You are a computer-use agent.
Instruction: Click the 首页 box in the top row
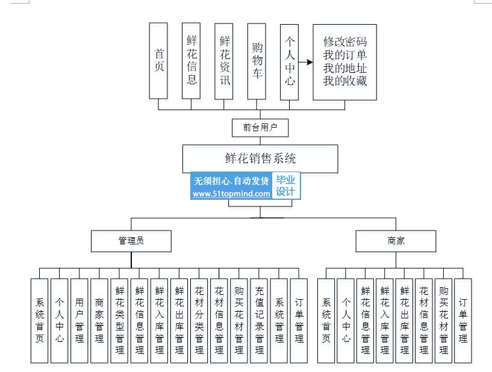coord(159,61)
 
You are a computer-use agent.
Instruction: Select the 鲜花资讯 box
coord(224,61)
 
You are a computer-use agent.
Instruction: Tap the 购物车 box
coord(257,61)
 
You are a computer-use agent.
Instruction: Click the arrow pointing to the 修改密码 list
coord(307,62)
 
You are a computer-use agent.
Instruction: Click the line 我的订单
coord(344,56)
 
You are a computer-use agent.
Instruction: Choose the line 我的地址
coord(344,68)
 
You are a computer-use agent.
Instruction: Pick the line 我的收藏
coord(344,81)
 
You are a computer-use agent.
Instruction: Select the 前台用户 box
coord(261,128)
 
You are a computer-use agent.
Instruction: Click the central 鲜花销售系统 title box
coord(260,158)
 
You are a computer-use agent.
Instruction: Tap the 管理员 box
coord(131,241)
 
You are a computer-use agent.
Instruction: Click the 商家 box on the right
coord(396,241)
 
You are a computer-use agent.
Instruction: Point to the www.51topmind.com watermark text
coord(231,194)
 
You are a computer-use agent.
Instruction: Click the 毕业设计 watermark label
coord(285,186)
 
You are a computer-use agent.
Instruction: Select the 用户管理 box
coord(79,321)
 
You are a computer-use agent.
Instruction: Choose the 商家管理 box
coord(99,321)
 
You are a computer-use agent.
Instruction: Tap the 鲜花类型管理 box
coord(119,321)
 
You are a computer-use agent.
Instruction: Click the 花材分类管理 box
coord(199,321)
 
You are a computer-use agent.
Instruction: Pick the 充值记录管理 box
coord(259,321)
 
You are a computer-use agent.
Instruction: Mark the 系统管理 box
coord(279,321)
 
